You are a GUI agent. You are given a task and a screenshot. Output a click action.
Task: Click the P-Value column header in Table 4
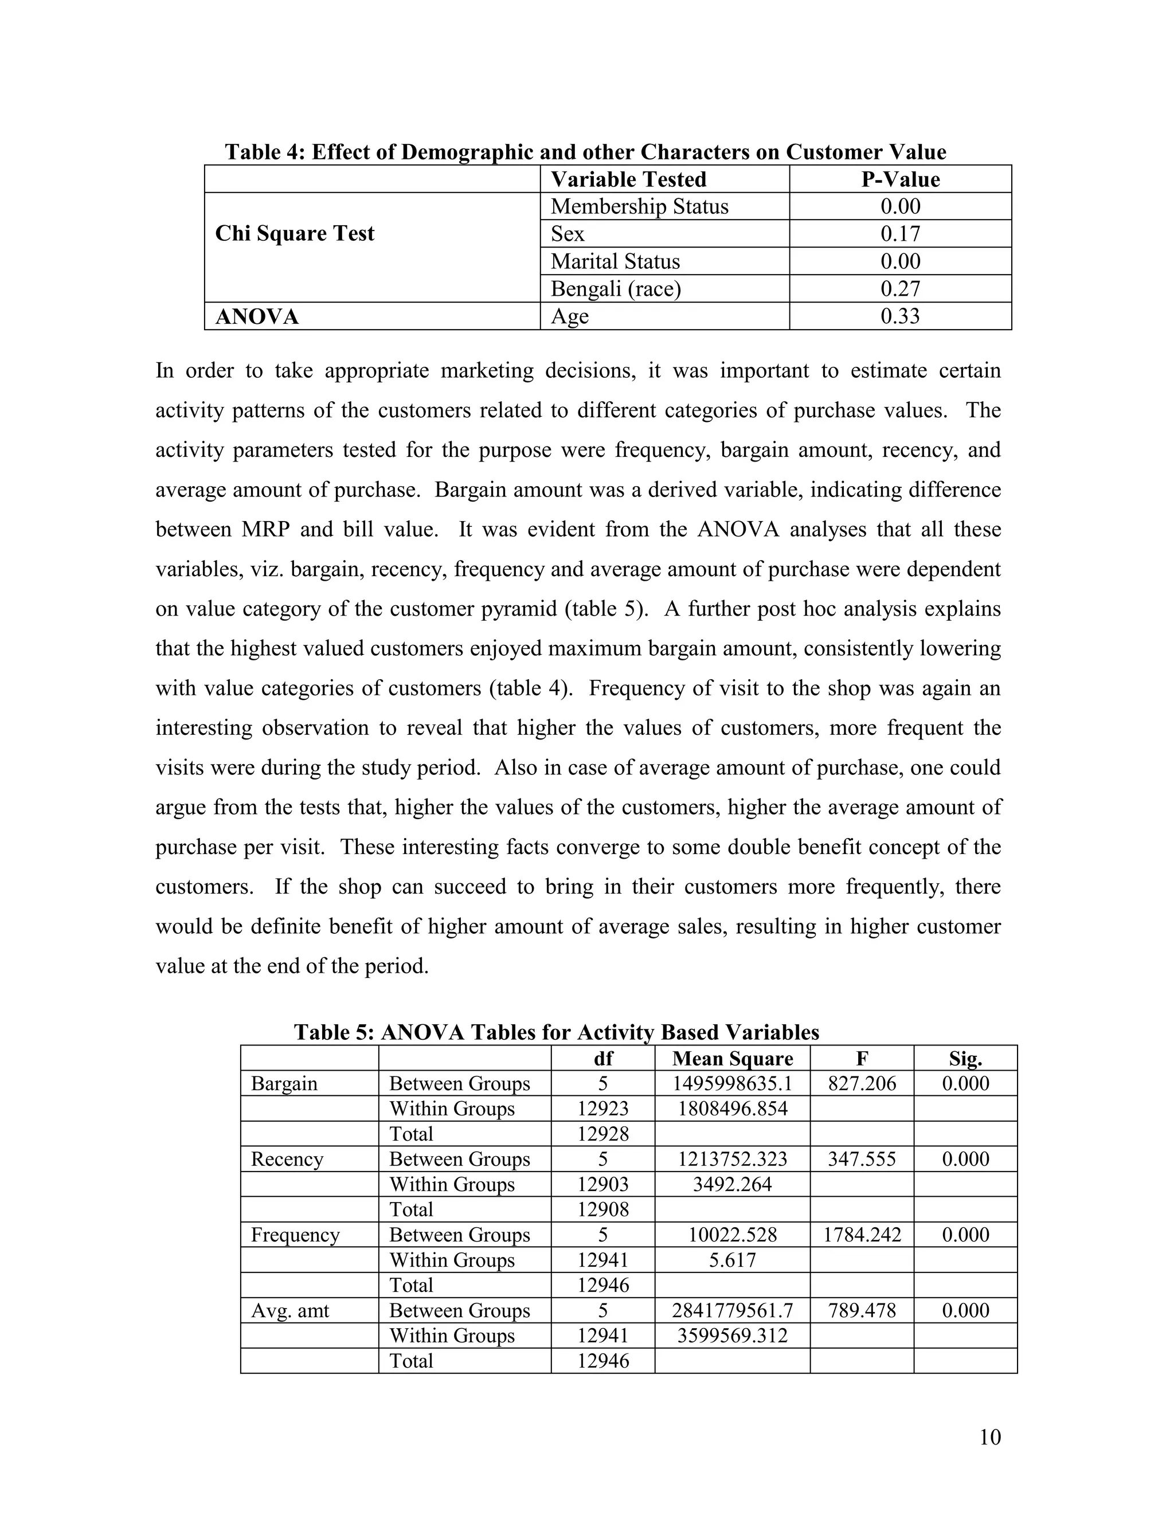pos(900,179)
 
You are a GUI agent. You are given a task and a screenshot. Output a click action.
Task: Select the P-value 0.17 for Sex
pos(900,234)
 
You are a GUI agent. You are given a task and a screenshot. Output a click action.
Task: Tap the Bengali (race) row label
pos(616,289)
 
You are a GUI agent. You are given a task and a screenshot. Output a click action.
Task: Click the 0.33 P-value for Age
pos(900,316)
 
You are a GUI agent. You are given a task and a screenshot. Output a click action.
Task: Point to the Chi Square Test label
pos(294,234)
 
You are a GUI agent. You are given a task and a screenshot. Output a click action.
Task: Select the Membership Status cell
pos(639,206)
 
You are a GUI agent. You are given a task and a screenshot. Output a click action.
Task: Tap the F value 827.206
pos(861,1083)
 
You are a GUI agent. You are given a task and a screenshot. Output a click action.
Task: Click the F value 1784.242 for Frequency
pos(861,1235)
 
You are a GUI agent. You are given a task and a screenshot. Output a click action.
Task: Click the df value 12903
pos(602,1184)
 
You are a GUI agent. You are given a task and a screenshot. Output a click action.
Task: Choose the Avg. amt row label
pos(289,1310)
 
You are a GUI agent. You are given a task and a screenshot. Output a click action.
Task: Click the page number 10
pos(989,1437)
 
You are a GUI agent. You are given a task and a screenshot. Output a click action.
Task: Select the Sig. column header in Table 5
pos(965,1059)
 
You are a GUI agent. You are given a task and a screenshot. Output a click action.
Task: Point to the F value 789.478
pos(861,1310)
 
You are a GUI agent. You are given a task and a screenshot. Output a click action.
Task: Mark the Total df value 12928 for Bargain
pos(602,1134)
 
